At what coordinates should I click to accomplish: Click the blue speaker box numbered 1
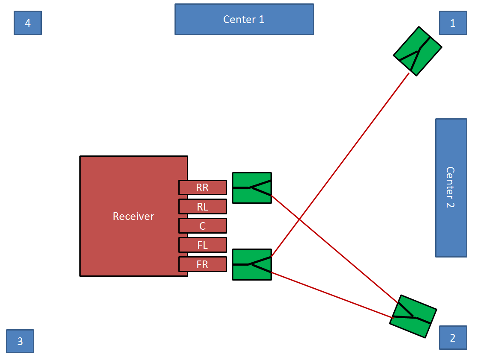point(453,23)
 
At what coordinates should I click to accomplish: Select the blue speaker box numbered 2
point(453,338)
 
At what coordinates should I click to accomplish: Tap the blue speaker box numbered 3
point(20,341)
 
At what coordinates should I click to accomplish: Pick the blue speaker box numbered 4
point(28,23)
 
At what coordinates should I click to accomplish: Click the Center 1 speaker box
point(244,19)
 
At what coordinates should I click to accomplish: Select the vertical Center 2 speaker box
point(451,187)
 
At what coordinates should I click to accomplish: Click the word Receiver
point(133,217)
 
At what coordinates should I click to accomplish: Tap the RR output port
point(202,187)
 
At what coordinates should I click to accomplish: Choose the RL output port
point(202,207)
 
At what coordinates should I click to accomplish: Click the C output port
point(202,226)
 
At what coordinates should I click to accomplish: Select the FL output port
point(202,245)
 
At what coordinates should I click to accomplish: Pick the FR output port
point(202,264)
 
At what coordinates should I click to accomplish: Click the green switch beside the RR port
point(252,188)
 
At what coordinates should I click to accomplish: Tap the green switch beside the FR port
point(252,264)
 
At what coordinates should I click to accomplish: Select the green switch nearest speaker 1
point(417,51)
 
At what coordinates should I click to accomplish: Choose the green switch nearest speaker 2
point(413,316)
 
